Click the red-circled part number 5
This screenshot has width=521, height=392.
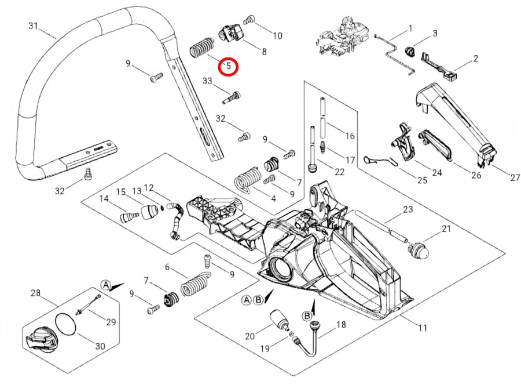point(228,66)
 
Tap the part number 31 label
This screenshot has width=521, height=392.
point(33,26)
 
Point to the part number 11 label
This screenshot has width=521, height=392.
point(422,328)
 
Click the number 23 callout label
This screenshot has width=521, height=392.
point(408,209)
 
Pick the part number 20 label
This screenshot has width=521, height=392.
point(250,336)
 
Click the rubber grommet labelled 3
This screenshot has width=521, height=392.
point(412,50)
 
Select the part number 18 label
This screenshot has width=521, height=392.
point(340,325)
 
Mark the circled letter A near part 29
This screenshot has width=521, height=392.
point(106,285)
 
